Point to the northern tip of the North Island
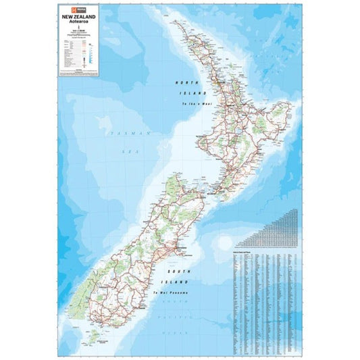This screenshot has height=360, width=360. [x=173, y=20]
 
